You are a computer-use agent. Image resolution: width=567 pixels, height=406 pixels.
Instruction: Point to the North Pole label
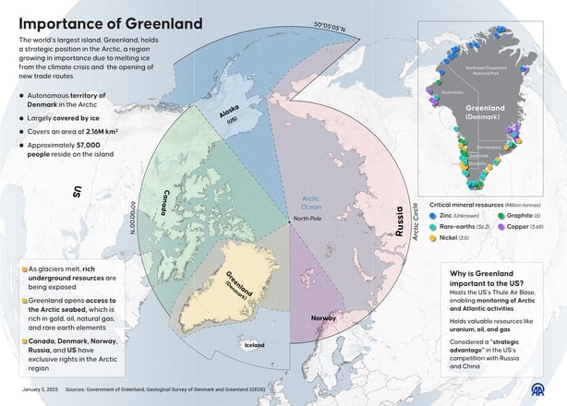(x=308, y=218)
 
